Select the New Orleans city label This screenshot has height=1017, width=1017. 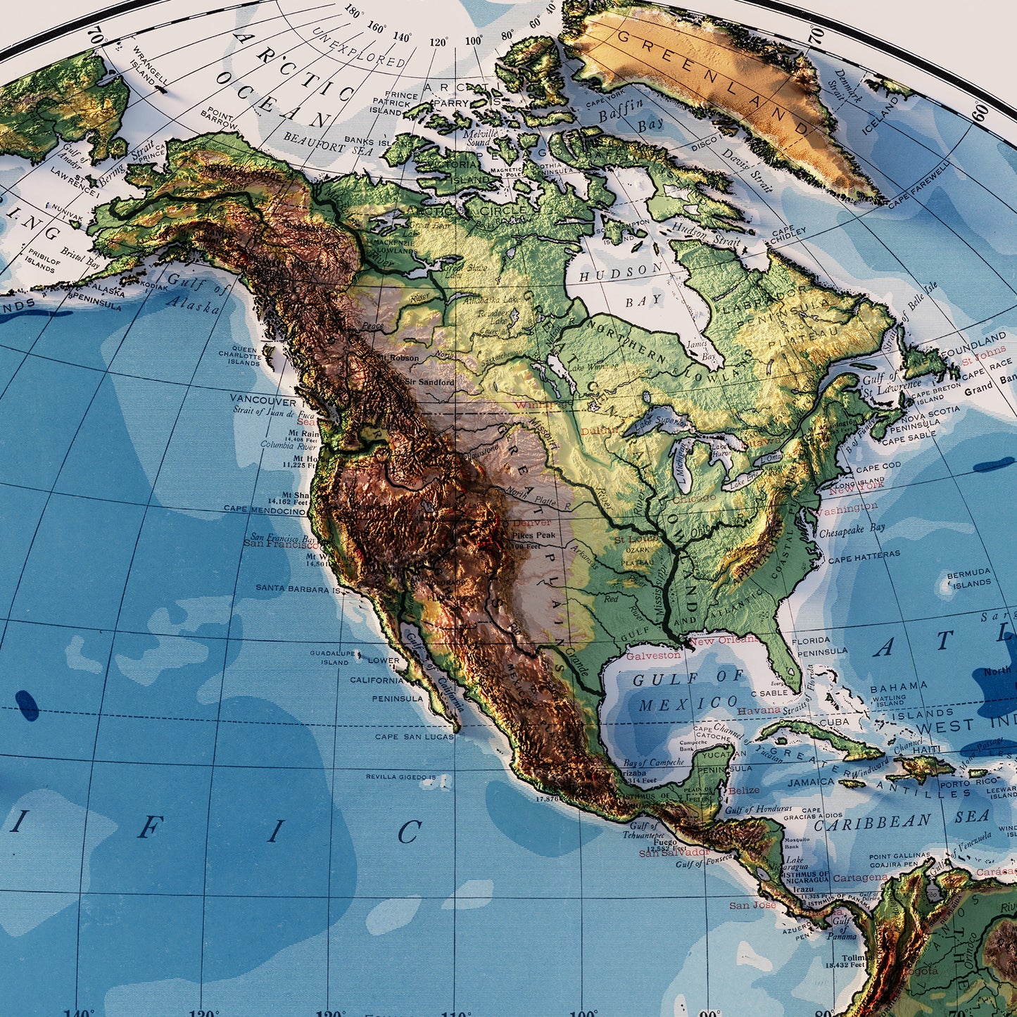pyautogui.click(x=723, y=640)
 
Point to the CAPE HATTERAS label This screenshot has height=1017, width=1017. pyautogui.click(x=864, y=557)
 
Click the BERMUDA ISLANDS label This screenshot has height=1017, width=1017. pyautogui.click(x=968, y=579)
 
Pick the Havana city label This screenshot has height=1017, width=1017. pyautogui.click(x=759, y=710)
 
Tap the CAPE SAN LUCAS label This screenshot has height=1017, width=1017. pyautogui.click(x=414, y=737)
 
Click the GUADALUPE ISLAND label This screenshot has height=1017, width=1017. pyautogui.click(x=334, y=657)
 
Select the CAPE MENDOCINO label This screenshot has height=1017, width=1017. pyautogui.click(x=264, y=509)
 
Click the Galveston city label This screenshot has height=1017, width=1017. pyautogui.click(x=653, y=655)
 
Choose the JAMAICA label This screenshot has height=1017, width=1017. pyautogui.click(x=811, y=782)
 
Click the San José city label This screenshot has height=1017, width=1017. pyautogui.click(x=752, y=905)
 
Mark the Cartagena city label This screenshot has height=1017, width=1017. pyautogui.click(x=860, y=878)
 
